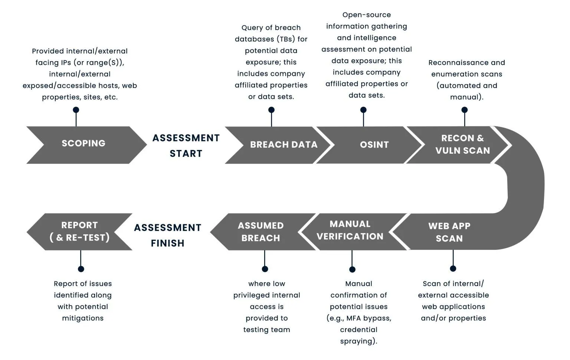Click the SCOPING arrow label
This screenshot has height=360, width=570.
pos(83,143)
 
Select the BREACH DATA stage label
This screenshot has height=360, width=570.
pos(284,144)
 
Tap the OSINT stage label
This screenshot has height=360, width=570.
pos(374,144)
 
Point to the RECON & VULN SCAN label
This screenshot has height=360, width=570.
pos(463,144)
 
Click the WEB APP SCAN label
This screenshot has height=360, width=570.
pos(449,232)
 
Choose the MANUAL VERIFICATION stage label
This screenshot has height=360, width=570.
pos(350,230)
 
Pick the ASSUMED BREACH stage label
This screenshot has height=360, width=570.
pos(261,232)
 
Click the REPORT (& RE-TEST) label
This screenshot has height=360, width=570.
pos(80,231)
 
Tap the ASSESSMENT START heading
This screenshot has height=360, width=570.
pos(186,145)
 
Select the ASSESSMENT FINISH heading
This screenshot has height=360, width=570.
pos(168,235)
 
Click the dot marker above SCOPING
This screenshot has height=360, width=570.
pos(76,109)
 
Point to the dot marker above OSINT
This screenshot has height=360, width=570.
pos(363,109)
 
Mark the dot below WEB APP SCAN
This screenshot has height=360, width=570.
pos(453,268)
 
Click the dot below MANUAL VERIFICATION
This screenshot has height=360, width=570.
pos(352,269)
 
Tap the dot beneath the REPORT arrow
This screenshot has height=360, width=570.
pos(81,269)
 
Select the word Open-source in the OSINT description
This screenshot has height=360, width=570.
pos(366,15)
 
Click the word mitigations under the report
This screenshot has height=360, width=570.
pos(83,318)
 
